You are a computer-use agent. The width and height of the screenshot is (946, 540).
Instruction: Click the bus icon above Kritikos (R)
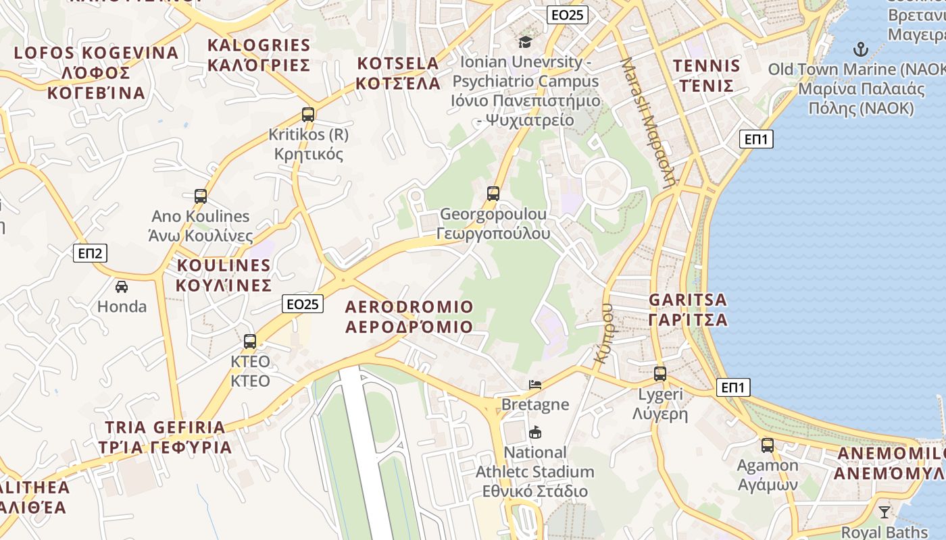(x=308, y=114)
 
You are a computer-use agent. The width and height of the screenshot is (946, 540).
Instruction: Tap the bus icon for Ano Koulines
(x=201, y=196)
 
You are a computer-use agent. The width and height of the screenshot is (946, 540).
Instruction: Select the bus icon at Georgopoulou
(x=493, y=194)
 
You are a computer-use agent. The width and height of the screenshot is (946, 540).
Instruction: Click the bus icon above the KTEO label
(x=250, y=342)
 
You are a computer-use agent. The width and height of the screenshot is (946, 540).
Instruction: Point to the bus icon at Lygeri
(x=660, y=373)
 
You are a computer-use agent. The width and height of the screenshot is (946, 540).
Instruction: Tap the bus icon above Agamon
(x=768, y=445)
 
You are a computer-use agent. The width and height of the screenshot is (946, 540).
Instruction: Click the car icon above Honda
(x=122, y=286)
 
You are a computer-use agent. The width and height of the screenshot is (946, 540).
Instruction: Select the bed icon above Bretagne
(x=535, y=385)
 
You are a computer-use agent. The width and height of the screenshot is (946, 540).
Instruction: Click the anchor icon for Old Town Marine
(x=860, y=49)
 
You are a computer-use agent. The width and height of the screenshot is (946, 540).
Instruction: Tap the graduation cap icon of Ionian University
(x=525, y=42)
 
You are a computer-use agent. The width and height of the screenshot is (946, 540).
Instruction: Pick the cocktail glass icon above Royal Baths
(x=884, y=512)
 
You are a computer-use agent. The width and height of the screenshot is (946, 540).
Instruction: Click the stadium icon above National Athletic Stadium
(x=535, y=432)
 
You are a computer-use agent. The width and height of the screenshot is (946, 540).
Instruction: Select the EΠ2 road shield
(x=90, y=253)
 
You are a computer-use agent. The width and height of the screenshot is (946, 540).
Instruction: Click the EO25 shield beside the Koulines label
(x=302, y=304)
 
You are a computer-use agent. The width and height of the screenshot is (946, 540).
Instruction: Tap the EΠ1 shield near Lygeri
(x=733, y=387)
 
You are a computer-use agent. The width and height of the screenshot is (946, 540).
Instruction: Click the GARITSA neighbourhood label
(x=688, y=309)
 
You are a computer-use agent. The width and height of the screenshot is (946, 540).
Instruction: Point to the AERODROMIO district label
(x=409, y=317)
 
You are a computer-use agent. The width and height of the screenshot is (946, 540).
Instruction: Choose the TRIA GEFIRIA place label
(x=165, y=437)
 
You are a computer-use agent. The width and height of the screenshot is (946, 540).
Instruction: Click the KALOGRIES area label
(x=259, y=55)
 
